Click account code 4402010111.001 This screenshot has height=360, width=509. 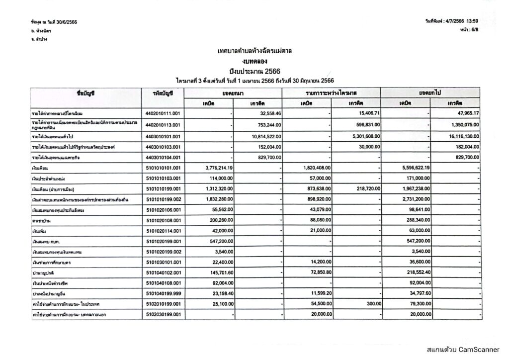click(x=163, y=113)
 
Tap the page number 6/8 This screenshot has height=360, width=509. click(x=473, y=30)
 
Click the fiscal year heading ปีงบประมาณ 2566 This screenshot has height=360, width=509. click(x=254, y=72)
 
